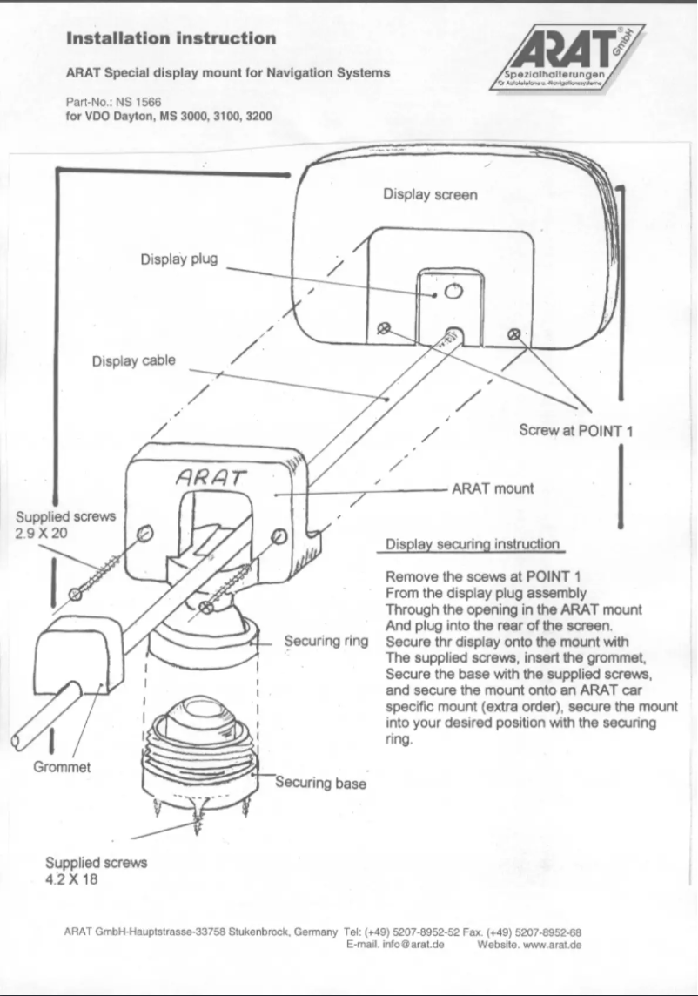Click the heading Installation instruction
pos(171,38)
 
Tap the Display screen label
pos(430,195)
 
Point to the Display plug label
pos(178,259)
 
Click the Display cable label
pos(134,360)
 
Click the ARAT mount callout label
pos(492,488)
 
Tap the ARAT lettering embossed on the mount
pos(211,477)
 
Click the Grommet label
pos(62,768)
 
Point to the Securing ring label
pos(326,642)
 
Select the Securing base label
pos(320,783)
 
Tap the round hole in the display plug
pos(452,291)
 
